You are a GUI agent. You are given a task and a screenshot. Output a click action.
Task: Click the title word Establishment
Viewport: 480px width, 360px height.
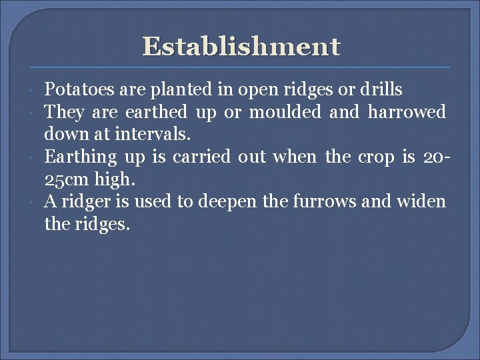tap(241, 47)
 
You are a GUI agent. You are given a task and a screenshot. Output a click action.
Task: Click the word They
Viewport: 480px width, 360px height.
tap(63, 112)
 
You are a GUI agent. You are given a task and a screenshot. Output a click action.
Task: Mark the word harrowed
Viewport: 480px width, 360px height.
tap(406, 112)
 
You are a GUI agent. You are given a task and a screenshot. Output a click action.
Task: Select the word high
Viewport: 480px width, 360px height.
tap(117, 180)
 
